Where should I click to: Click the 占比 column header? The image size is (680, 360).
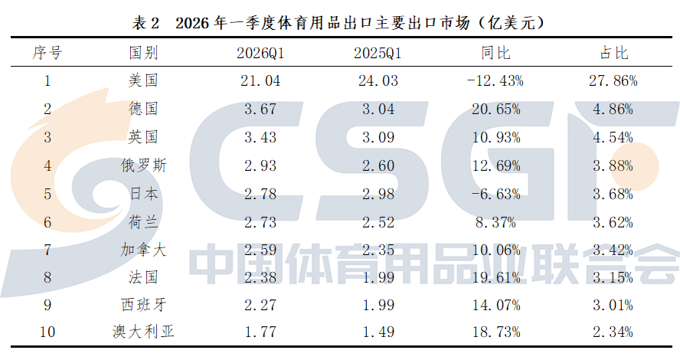pos(613,53)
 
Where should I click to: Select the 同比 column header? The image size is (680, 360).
pos(495,53)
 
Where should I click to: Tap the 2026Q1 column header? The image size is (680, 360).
pos(260,54)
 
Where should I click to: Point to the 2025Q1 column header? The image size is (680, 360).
pos(378,54)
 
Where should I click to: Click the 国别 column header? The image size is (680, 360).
pos(143,53)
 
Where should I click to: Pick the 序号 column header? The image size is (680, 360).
pos(47,53)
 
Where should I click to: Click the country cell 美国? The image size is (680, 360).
pos(143,80)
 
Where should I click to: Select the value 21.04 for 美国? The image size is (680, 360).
pos(260,81)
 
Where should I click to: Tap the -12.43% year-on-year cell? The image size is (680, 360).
pos(495,81)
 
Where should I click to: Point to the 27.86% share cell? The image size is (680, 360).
pos(613,81)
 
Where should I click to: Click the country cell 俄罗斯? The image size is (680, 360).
pos(143,165)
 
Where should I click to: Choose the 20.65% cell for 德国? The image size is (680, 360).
pos(495,110)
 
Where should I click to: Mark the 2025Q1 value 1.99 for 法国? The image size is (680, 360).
pos(378,277)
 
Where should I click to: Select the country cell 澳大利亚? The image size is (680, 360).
pos(143,332)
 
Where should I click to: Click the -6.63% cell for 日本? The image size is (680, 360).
pos(495,194)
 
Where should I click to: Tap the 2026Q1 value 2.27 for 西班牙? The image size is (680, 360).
pos(260,306)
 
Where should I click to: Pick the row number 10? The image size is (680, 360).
pos(47,332)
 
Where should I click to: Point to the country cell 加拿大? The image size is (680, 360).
pos(143,250)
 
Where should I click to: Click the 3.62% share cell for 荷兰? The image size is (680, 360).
pos(613,222)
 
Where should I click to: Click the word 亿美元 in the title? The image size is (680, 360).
pos(512,22)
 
